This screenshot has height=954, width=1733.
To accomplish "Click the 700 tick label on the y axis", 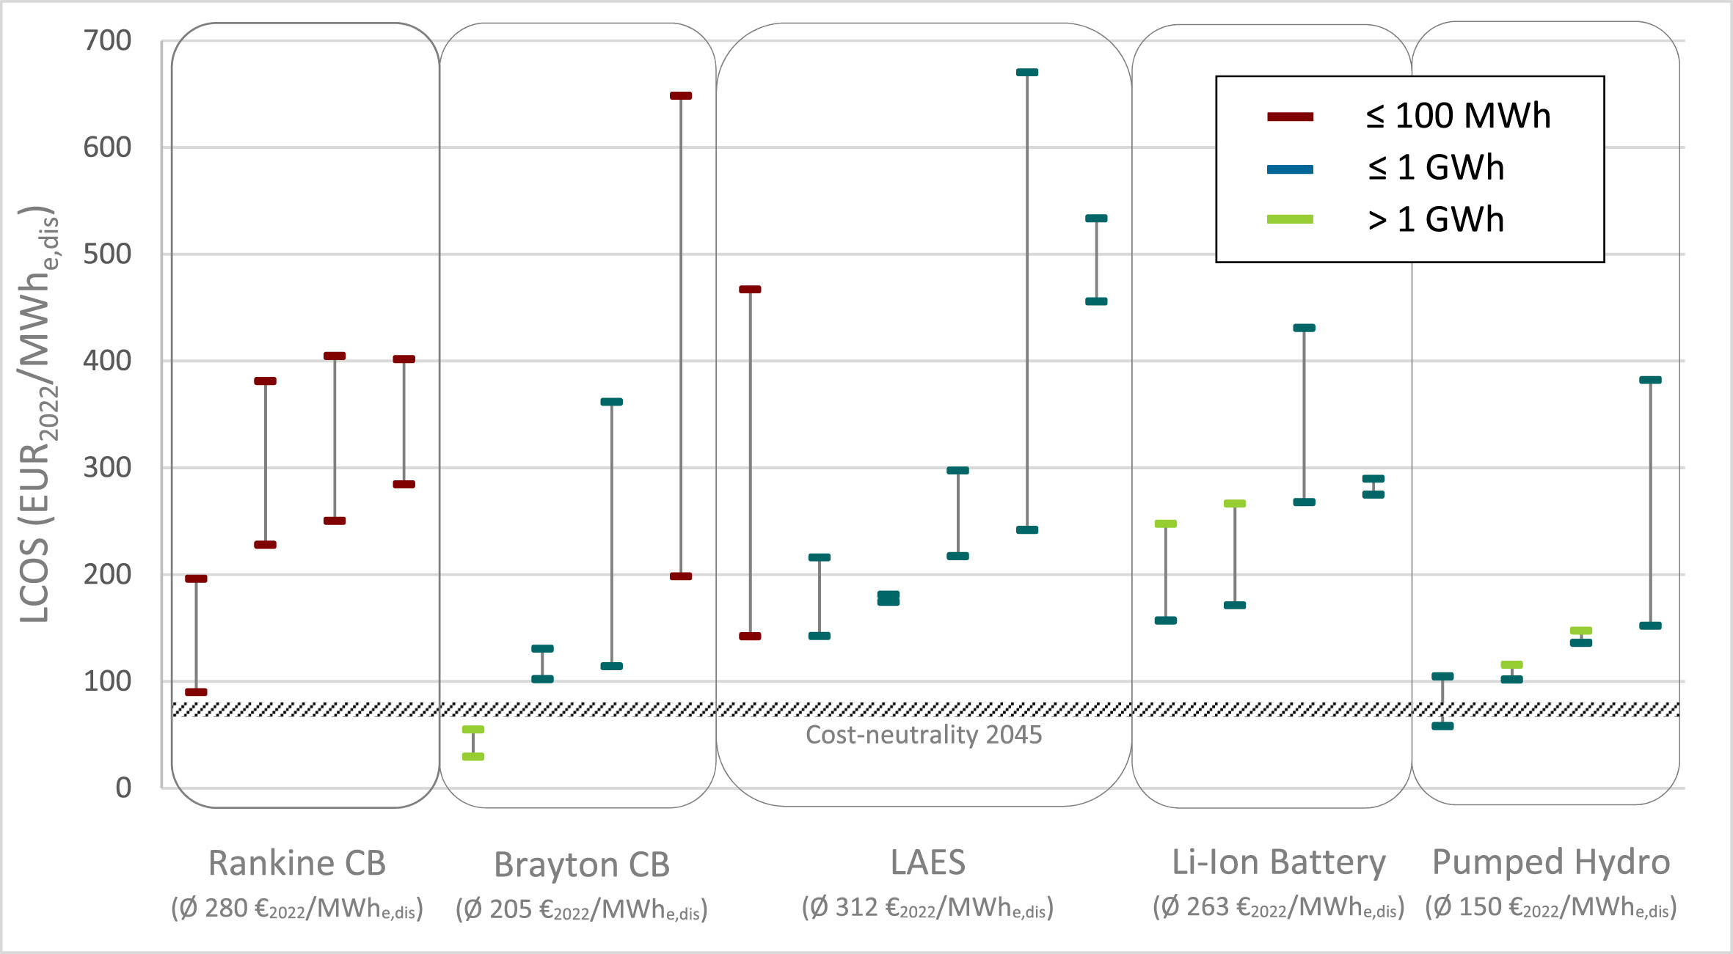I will pyautogui.click(x=107, y=41).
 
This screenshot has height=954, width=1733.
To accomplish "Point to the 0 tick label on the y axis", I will pyautogui.click(x=123, y=788).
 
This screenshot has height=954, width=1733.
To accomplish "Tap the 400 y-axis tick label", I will pyautogui.click(x=107, y=361).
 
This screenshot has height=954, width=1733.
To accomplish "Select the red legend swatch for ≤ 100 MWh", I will pyautogui.click(x=1290, y=117).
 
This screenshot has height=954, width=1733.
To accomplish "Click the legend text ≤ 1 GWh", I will pyautogui.click(x=1436, y=168).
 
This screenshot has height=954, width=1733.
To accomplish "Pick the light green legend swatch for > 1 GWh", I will pyautogui.click(x=1290, y=219).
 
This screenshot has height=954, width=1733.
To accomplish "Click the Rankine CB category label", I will pyautogui.click(x=297, y=863).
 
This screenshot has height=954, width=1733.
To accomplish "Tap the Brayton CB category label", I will pyautogui.click(x=582, y=865).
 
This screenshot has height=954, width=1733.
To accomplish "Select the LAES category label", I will pyautogui.click(x=927, y=862).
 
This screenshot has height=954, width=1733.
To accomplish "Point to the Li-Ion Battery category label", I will pyautogui.click(x=1278, y=862).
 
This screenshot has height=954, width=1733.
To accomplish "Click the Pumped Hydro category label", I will pyautogui.click(x=1551, y=862).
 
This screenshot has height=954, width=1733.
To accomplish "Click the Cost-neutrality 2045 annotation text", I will pyautogui.click(x=924, y=735).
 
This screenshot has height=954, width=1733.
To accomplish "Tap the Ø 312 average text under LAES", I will pyautogui.click(x=927, y=908).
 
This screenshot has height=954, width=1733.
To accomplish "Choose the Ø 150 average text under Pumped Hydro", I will pyautogui.click(x=1551, y=908).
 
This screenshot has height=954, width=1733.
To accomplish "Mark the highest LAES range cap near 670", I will pyautogui.click(x=1027, y=73).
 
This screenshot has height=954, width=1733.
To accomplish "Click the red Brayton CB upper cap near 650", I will pyautogui.click(x=681, y=96).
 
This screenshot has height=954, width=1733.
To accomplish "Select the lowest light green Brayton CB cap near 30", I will pyautogui.click(x=473, y=756).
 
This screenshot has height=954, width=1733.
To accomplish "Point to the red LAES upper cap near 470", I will pyautogui.click(x=750, y=290).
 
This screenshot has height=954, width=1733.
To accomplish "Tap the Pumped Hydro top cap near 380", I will pyautogui.click(x=1650, y=380).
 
